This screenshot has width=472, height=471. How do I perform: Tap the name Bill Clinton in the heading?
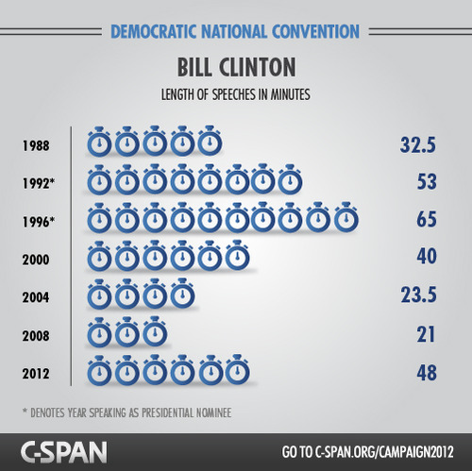(x=235, y=68)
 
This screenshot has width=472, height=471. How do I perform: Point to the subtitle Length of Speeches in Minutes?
(x=235, y=94)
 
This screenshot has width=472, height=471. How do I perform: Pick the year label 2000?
(x=35, y=259)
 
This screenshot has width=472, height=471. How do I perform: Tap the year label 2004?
(x=35, y=296)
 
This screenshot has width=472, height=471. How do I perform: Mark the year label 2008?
(x=35, y=334)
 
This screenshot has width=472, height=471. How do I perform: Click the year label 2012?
(x=35, y=372)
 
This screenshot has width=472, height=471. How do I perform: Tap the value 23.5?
(x=415, y=296)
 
